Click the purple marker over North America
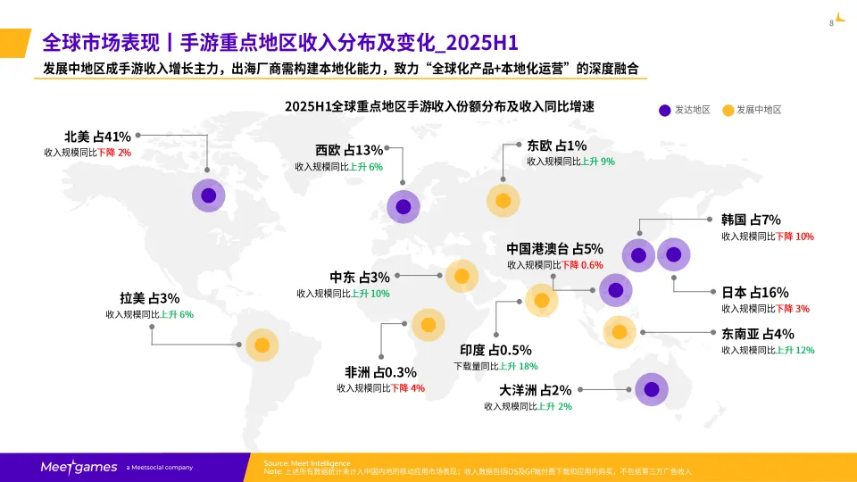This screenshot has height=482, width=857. (208, 195)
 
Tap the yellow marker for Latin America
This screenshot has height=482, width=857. (262, 345)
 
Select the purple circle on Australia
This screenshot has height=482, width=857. (652, 389)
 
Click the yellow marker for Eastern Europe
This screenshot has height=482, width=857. (503, 200)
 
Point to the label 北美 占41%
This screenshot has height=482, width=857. (97, 137)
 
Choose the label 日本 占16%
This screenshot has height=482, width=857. (754, 292)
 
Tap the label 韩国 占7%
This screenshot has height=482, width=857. (751, 220)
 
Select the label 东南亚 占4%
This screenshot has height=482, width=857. (757, 334)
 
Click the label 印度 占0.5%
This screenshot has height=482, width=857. (495, 350)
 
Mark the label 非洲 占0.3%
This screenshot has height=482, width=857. (380, 372)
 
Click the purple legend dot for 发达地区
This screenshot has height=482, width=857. (664, 110)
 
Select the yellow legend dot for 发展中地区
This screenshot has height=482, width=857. (728, 110)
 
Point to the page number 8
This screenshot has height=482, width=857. (831, 22)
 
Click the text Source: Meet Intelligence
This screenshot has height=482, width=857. (302, 462)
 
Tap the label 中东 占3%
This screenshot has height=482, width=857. (360, 277)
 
